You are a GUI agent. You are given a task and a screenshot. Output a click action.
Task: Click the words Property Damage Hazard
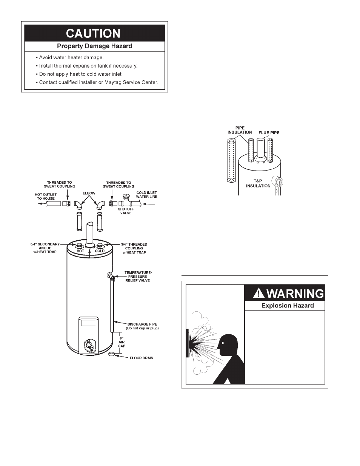click(94, 46)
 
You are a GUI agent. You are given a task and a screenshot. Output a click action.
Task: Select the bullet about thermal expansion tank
click(88, 66)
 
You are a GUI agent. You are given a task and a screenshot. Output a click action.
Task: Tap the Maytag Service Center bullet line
click(98, 82)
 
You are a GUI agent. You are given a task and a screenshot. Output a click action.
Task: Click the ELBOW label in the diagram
click(89, 193)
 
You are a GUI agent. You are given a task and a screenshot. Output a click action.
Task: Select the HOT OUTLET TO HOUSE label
click(46, 197)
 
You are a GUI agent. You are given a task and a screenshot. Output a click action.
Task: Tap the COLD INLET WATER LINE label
click(146, 195)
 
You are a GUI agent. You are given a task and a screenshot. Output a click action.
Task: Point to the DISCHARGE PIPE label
click(142, 326)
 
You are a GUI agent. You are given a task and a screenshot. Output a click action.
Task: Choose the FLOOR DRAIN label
click(142, 358)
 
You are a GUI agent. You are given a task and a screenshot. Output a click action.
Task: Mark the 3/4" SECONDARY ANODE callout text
click(45, 248)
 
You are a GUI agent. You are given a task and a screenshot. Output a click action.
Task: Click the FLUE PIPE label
click(269, 133)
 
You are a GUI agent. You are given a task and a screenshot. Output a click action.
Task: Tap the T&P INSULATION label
click(258, 183)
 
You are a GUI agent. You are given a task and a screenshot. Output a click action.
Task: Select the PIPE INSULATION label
click(240, 130)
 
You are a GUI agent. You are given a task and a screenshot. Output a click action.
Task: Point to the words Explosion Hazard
click(288, 306)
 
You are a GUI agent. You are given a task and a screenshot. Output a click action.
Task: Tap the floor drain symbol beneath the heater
click(112, 354)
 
